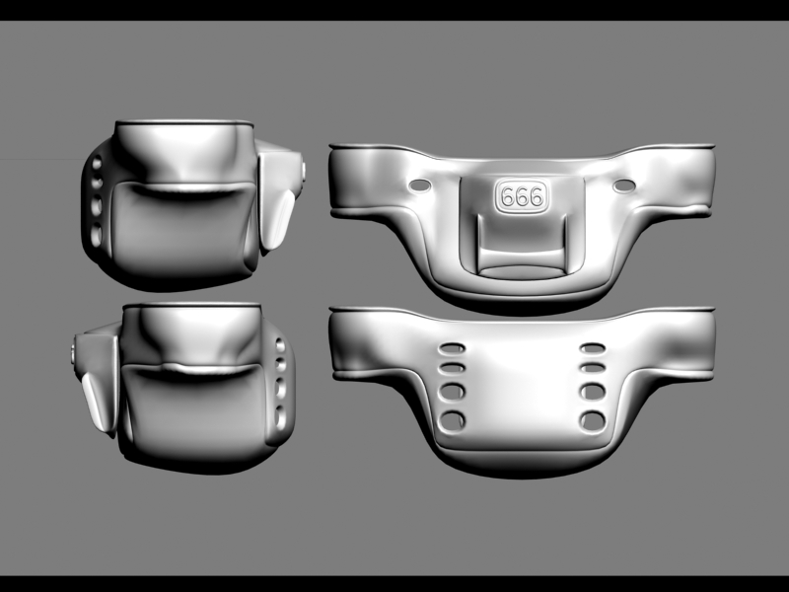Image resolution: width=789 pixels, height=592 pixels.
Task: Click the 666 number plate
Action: (x=522, y=195)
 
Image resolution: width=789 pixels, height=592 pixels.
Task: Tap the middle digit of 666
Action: (x=522, y=196)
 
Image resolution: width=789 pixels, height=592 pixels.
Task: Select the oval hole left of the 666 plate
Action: (x=421, y=185)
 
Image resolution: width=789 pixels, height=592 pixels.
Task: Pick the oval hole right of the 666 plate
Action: (x=623, y=185)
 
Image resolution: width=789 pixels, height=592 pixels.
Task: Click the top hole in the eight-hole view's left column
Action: (x=453, y=348)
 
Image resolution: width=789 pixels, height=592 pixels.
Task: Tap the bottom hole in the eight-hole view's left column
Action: (x=453, y=421)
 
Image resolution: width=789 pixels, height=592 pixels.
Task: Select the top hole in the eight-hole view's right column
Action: (x=593, y=348)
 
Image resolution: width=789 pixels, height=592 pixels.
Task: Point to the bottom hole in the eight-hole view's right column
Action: (x=593, y=421)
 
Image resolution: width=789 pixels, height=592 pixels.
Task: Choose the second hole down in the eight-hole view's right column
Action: (x=593, y=368)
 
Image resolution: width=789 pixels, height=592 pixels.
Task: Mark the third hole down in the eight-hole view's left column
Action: (x=453, y=392)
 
